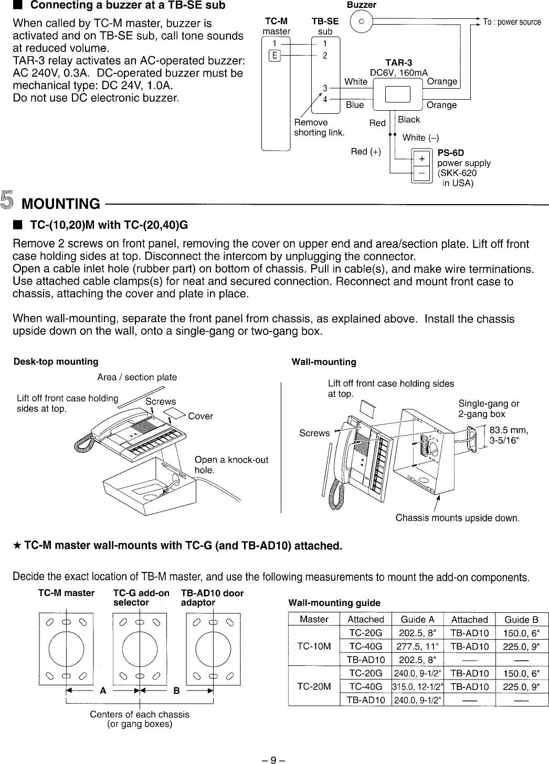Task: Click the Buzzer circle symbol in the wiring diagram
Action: [361, 22]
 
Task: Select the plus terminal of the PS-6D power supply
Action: [420, 158]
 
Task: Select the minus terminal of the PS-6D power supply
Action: [420, 172]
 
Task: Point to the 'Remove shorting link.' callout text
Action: [319, 127]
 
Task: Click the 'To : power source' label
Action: [512, 22]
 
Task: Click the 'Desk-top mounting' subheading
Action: [56, 362]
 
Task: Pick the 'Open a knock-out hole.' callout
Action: [231, 465]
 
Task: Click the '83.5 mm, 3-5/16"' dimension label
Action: [508, 436]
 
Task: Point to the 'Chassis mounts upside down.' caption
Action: [457, 518]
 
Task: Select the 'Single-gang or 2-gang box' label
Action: [489, 408]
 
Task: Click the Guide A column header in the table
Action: [417, 619]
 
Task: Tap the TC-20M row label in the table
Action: [314, 686]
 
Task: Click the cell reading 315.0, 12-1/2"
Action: [417, 687]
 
